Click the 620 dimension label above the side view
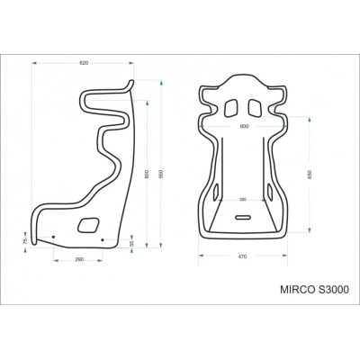point(84,63)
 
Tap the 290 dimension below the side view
point(80,259)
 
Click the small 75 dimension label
point(26,240)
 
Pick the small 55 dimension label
point(131,244)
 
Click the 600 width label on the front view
point(243,126)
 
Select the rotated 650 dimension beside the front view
point(310,175)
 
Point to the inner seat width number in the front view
point(243,199)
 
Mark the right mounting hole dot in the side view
point(103,239)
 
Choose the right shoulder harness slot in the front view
point(258,108)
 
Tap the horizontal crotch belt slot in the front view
point(243,218)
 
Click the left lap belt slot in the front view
point(217,191)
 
